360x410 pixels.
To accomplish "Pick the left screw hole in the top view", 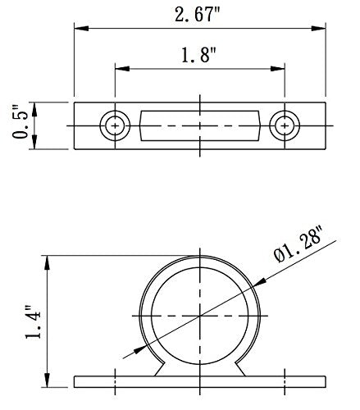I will click(115, 125).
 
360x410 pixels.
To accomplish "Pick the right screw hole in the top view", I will click(284, 125).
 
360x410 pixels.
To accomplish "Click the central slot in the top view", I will click(199, 125).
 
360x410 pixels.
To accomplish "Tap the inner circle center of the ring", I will click(199, 316).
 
